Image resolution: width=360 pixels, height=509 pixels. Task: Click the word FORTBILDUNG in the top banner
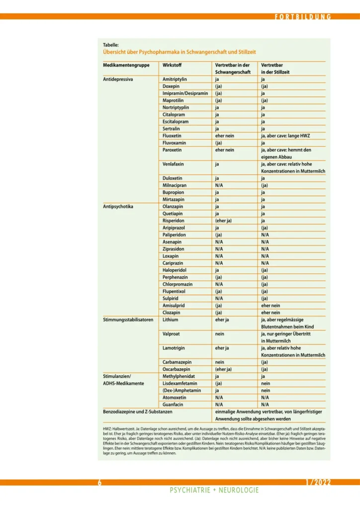coord(303,17)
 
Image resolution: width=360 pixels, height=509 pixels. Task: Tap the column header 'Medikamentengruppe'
coord(125,65)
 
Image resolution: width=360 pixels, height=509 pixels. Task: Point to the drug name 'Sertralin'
coord(173,128)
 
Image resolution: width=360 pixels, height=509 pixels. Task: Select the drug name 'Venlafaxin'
coord(174,164)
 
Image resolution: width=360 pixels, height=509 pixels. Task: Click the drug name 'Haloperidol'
coord(176,270)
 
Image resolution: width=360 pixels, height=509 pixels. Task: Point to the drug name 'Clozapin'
coord(173,312)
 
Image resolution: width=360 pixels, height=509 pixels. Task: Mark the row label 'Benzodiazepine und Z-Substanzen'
coord(138,412)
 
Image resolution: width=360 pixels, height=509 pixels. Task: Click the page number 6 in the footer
coord(99,482)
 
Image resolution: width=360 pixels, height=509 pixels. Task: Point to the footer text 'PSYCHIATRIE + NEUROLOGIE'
coord(214,490)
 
